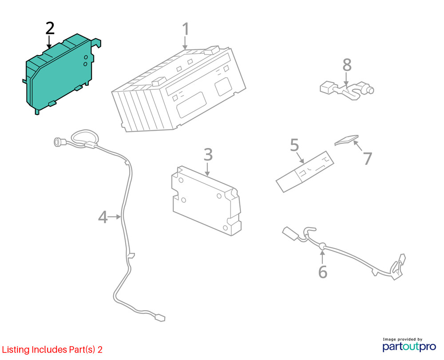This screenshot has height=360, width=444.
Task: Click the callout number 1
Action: [186, 29]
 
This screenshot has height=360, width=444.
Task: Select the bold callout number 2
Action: [50, 28]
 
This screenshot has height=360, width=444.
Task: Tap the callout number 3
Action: [208, 155]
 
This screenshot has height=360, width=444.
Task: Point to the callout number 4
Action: [103, 217]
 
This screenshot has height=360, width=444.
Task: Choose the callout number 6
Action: [323, 272]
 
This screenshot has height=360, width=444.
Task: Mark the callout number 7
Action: [367, 159]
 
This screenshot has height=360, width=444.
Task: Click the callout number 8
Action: [347, 65]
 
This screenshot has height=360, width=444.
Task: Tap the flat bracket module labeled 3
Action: [205, 198]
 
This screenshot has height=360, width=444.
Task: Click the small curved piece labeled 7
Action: [346, 140]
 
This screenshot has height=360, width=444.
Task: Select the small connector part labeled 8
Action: [346, 89]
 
